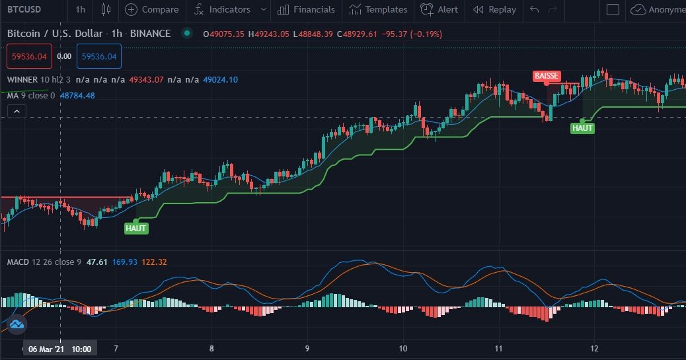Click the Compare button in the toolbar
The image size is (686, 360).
pos(152,10)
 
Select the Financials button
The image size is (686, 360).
pos(306,10)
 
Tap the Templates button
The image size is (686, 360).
pos(378,10)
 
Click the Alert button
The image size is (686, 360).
pos(439,10)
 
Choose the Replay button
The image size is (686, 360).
pos(494,10)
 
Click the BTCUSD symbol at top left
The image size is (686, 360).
pos(24,9)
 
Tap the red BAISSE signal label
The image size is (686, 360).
pos(547,76)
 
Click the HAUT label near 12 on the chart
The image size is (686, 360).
pos(582,128)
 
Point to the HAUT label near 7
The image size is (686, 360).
pos(135,229)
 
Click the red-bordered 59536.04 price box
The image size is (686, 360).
pos(29,56)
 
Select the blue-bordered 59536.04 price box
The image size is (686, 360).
pos(99,56)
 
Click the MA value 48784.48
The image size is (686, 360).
pos(77,95)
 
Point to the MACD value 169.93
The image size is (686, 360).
pos(125,262)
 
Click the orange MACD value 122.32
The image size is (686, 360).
pos(154,262)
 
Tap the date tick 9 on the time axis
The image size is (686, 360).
pos(307,349)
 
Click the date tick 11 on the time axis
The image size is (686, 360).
pos(498,349)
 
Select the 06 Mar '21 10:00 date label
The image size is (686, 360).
pos(60,349)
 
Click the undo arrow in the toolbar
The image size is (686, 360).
pos(534,10)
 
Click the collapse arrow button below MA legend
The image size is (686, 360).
pos(17,112)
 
